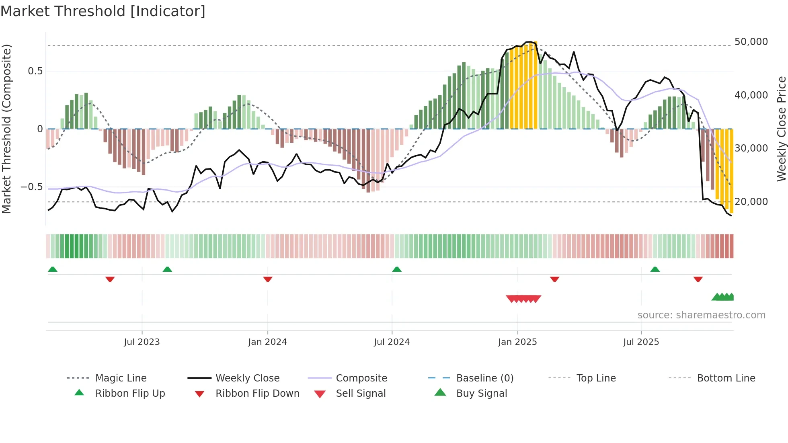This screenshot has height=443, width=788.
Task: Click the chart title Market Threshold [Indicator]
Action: (103, 11)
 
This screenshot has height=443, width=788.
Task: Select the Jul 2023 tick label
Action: (142, 342)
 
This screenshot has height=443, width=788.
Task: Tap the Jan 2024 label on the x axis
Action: (267, 342)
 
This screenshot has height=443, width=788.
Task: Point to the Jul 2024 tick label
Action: (392, 342)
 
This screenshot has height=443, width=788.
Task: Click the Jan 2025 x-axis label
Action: (517, 342)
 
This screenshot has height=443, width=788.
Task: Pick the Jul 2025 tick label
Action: (641, 342)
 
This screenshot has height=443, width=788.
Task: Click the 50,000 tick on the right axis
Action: (751, 42)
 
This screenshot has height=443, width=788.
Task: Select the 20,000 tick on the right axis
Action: (751, 202)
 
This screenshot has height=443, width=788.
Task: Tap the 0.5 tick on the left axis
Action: (35, 71)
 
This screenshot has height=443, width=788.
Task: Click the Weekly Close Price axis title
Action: (781, 129)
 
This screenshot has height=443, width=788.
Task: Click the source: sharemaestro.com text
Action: (701, 315)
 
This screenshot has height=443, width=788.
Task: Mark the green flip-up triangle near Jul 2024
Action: (397, 269)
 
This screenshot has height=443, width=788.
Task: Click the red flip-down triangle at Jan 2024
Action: (268, 279)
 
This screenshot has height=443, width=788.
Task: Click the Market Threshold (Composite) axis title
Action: (6, 129)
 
